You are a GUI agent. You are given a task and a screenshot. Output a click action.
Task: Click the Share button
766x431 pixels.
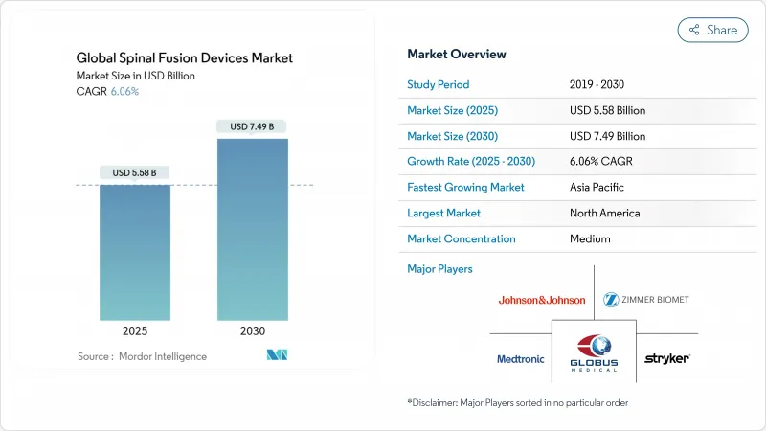713,30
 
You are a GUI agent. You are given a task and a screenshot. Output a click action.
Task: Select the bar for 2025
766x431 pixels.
135,252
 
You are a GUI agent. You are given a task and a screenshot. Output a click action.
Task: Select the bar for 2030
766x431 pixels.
252,230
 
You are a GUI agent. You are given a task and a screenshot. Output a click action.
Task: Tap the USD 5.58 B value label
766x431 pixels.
135,173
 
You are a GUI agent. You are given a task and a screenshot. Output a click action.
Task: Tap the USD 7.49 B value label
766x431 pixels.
252,126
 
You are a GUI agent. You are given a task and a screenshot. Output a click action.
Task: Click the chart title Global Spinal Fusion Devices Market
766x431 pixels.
185,58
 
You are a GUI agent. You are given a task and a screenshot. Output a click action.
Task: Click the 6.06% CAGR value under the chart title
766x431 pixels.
124,91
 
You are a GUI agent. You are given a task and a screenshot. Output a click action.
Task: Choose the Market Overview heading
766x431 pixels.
457,54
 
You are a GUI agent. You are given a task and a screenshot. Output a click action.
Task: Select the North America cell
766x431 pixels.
604,213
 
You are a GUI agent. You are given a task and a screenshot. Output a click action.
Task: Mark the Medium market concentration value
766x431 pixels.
590,238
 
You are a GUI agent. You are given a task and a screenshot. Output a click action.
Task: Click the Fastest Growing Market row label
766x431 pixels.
465,188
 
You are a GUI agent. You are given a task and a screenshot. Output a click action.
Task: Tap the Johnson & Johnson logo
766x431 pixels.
542,300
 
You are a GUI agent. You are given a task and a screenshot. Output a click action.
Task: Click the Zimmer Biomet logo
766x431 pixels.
646,300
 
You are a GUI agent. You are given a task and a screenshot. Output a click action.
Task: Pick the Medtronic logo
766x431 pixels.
521,359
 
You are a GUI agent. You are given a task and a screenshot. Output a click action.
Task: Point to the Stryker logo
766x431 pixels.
666,359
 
